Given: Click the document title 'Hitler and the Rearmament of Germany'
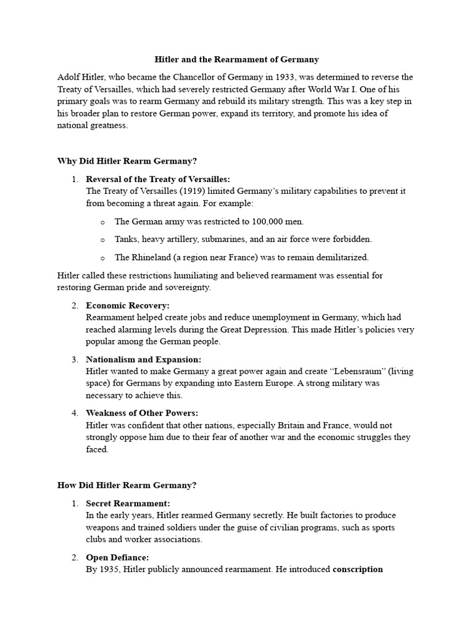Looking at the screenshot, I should coord(236,60).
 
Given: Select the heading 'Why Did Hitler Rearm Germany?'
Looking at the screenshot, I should coord(127,161).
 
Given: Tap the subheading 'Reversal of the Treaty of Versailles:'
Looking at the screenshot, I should coord(157,179).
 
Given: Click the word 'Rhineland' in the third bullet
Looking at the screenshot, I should coord(151,257).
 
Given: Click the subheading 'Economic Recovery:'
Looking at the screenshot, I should coord(128,306).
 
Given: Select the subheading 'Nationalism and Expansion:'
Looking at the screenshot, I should coord(144,359).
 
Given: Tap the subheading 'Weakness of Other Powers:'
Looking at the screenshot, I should coord(142,413).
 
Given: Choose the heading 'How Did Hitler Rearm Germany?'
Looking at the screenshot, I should coord(127,485).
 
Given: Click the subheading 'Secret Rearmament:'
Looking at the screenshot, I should coord(128,503).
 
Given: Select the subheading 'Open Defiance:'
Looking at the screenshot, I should coord(117,557).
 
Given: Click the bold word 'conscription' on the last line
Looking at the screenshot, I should coord(358,569).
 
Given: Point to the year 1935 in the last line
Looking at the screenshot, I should coord(109,569).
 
